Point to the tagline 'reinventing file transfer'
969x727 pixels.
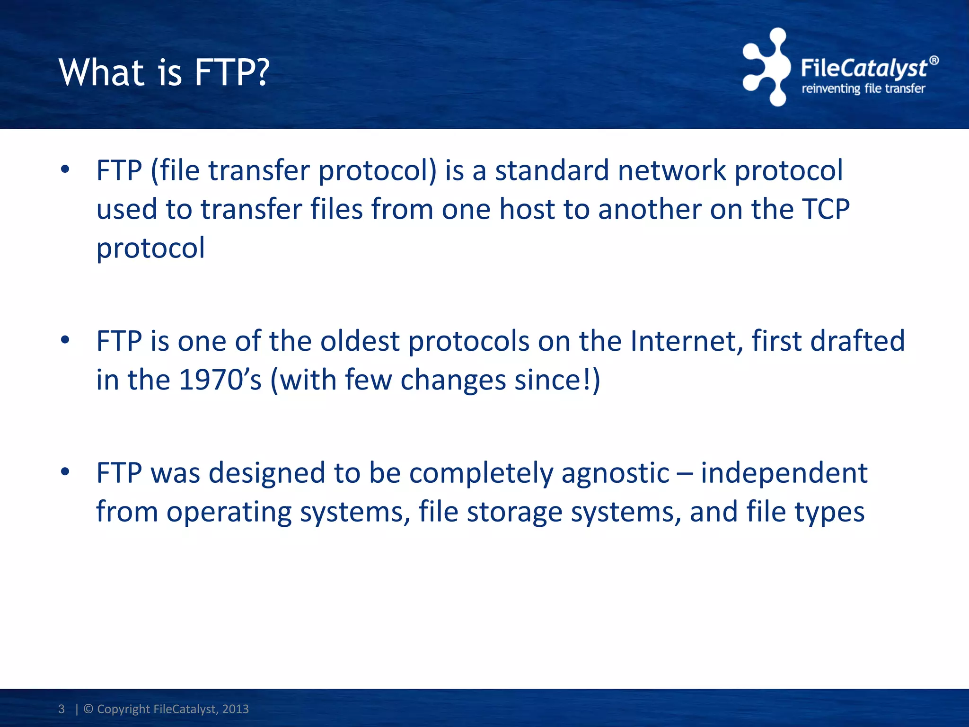[x=863, y=89]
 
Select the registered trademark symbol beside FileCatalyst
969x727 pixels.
[x=934, y=61]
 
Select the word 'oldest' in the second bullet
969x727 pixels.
[x=360, y=341]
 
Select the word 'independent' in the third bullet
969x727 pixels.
[x=784, y=473]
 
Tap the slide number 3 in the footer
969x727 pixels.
[x=62, y=709]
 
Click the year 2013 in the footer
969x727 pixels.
[x=235, y=709]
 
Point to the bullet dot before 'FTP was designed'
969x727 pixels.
[x=65, y=471]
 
